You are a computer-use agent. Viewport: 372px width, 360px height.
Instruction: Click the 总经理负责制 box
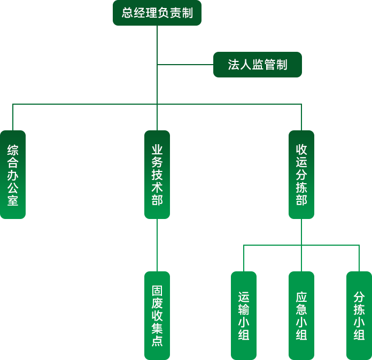pos(157,13)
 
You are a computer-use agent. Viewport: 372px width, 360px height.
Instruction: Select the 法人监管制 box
pos(258,65)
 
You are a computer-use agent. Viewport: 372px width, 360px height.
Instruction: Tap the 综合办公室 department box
pos(13,175)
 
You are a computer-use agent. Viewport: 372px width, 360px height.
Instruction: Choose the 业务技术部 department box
pos(157,175)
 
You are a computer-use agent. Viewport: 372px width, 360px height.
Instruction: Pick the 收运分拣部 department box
pos(301,175)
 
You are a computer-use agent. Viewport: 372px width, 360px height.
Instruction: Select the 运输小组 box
pos(244,315)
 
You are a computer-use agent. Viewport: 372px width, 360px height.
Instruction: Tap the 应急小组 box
pos(301,315)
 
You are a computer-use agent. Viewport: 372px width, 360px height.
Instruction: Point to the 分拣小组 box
pos(359,315)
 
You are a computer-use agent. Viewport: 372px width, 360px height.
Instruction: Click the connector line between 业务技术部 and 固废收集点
pos(157,246)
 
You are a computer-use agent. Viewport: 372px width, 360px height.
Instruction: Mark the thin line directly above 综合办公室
pos(13,117)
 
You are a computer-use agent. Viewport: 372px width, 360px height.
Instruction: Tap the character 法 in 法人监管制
pos(234,65)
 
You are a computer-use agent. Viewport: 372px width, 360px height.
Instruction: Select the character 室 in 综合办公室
pos(13,200)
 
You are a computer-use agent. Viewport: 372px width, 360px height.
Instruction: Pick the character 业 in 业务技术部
pos(157,149)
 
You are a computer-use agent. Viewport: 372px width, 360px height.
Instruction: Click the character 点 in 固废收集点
pos(157,341)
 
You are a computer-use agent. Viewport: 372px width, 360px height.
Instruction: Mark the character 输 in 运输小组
pos(244,309)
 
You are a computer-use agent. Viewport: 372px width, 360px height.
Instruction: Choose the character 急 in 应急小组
pos(301,309)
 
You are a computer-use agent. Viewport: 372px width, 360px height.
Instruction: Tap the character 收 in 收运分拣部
pos(301,149)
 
